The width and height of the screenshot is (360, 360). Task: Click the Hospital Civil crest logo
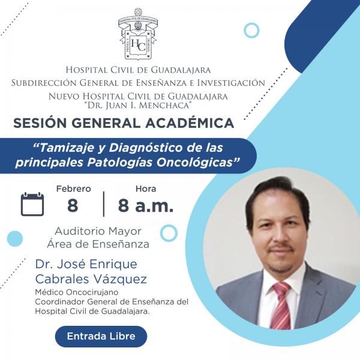[138, 34]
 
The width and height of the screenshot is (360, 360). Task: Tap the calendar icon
[32, 204]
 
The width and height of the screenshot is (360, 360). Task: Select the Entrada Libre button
[101, 336]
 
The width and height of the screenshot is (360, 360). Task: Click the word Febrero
[74, 189]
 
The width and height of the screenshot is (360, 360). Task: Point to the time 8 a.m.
[146, 205]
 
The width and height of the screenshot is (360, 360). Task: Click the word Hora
[146, 189]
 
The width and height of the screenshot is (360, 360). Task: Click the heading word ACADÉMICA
[190, 123]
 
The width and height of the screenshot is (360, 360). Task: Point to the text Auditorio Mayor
[98, 231]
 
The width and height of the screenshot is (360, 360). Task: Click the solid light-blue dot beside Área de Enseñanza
[15, 239]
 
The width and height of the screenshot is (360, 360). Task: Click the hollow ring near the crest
[251, 23]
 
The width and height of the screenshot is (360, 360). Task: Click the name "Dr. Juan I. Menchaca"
[138, 105]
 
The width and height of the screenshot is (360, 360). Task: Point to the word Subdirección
[44, 83]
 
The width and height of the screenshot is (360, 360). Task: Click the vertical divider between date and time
[104, 204]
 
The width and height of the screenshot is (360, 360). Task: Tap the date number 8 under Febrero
[73, 205]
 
